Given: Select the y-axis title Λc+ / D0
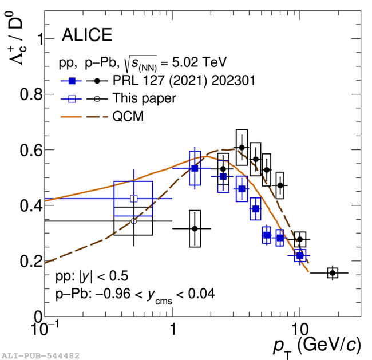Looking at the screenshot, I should tap(15, 40).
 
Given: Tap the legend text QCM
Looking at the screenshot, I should tap(128, 117).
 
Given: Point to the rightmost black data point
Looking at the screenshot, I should tap(332, 273).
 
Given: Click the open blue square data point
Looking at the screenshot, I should tap(134, 199).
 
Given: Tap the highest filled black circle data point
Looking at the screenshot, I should tap(242, 148).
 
